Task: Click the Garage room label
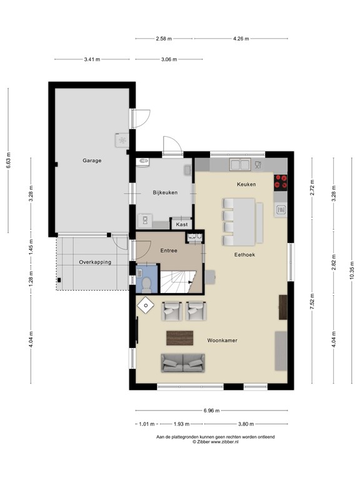[92, 161]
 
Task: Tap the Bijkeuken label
[165, 192]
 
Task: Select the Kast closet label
[181, 224]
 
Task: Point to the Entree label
[169, 251]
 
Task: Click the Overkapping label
[95, 262]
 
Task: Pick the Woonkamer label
[222, 340]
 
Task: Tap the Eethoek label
[244, 254]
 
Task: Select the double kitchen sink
[240, 165]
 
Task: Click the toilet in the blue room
[146, 284]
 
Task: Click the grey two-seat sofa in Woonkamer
[182, 363]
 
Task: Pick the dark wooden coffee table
[180, 337]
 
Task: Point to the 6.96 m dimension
[211, 411]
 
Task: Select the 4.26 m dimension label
[241, 39]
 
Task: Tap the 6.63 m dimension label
[8, 160]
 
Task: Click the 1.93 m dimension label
[181, 424]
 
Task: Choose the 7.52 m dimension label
[312, 301]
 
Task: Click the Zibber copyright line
[216, 442]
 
